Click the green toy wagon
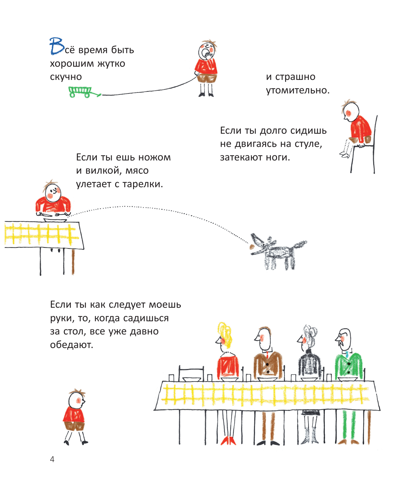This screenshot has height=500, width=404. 81,91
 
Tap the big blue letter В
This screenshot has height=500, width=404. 57,46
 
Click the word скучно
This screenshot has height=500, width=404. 66,77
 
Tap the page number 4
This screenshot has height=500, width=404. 52,459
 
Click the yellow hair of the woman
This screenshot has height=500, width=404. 224,333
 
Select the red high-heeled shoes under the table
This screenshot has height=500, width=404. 228,440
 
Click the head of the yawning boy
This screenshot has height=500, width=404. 206,51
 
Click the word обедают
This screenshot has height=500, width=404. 71,345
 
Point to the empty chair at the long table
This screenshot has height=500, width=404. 192,372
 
